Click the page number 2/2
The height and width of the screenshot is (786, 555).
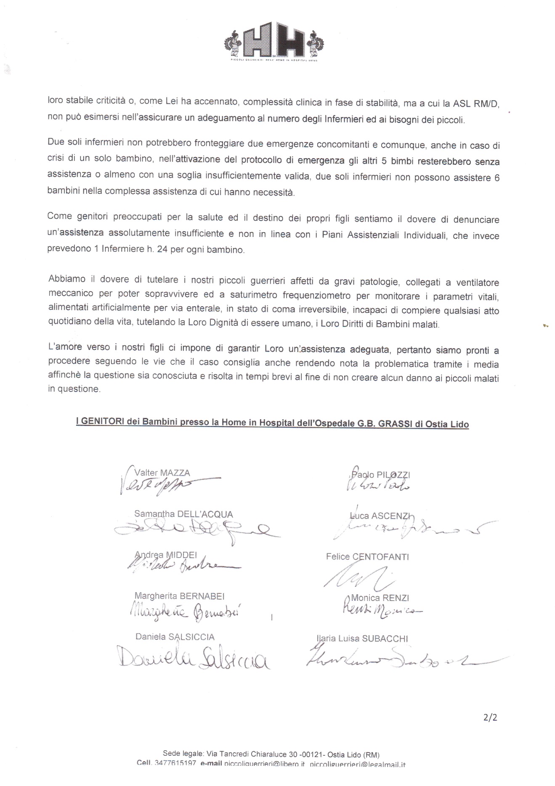[490, 717]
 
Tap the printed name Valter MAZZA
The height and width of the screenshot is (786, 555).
[162, 473]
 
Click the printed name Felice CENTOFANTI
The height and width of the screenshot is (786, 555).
[367, 557]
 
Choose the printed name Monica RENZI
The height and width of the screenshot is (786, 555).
[380, 598]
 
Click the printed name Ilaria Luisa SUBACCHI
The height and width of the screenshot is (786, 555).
[362, 639]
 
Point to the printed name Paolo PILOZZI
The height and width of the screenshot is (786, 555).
[380, 475]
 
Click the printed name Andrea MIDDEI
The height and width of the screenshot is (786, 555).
[166, 555]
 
